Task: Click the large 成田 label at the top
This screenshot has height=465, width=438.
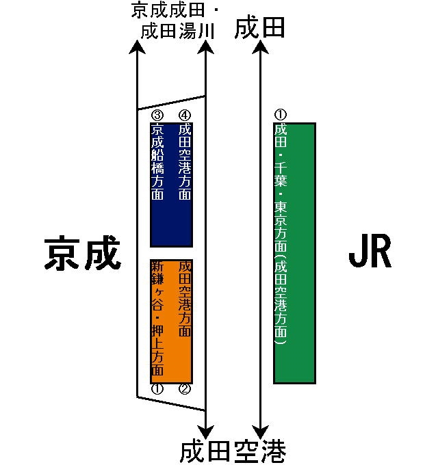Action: (x=259, y=29)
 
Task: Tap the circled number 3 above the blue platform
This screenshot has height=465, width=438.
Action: (x=157, y=116)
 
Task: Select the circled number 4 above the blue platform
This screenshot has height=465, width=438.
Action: (x=184, y=116)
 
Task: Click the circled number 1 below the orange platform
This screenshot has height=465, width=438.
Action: (x=157, y=389)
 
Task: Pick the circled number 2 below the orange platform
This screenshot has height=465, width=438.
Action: (x=184, y=389)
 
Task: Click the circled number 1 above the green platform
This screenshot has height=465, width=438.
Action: (x=280, y=116)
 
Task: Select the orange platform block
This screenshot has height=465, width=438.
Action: (x=171, y=321)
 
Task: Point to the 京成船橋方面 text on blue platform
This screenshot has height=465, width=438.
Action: (x=157, y=162)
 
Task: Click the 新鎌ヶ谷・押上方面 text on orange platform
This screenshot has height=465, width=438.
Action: (x=157, y=319)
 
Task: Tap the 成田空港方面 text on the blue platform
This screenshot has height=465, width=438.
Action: (x=184, y=162)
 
